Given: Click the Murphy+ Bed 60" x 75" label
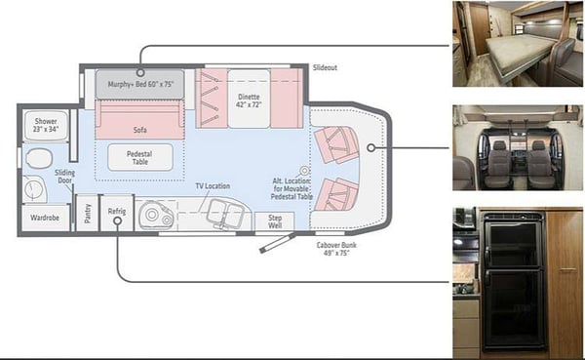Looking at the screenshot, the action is pos(140,84).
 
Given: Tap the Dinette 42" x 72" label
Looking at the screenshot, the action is pos(249,100).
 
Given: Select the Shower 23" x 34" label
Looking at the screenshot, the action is pos(46,125).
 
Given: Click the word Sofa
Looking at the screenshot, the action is pos(139,130).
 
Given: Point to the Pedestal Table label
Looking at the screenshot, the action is pos(139,158).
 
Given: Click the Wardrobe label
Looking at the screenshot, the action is pos(45,218).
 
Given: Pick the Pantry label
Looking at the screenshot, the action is pos(88,214).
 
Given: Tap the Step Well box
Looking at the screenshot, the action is pos(275,221).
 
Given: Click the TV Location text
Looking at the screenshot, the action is pos(213,186).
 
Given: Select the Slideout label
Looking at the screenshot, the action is pos(325,67).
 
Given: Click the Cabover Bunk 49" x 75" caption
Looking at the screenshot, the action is pos(336,249).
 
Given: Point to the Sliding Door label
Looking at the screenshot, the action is pos(65,177).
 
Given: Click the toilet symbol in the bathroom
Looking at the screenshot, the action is pos(39,159).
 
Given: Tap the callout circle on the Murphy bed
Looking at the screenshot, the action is pos(140,72).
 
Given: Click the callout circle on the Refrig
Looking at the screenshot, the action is pos(117,220).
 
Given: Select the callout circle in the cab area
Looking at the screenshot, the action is pos(370,148).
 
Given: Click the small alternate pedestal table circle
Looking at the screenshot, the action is pos(305,171).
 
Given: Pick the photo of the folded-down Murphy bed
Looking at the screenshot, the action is pos(518,44).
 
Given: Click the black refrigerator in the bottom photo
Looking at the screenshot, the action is pos(514,280).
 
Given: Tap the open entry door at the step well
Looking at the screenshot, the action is pos(277,244).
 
